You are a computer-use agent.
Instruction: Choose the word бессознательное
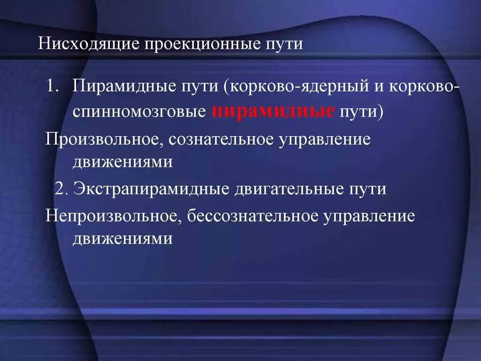click(253, 216)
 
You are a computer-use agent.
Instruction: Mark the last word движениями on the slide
click(123, 239)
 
